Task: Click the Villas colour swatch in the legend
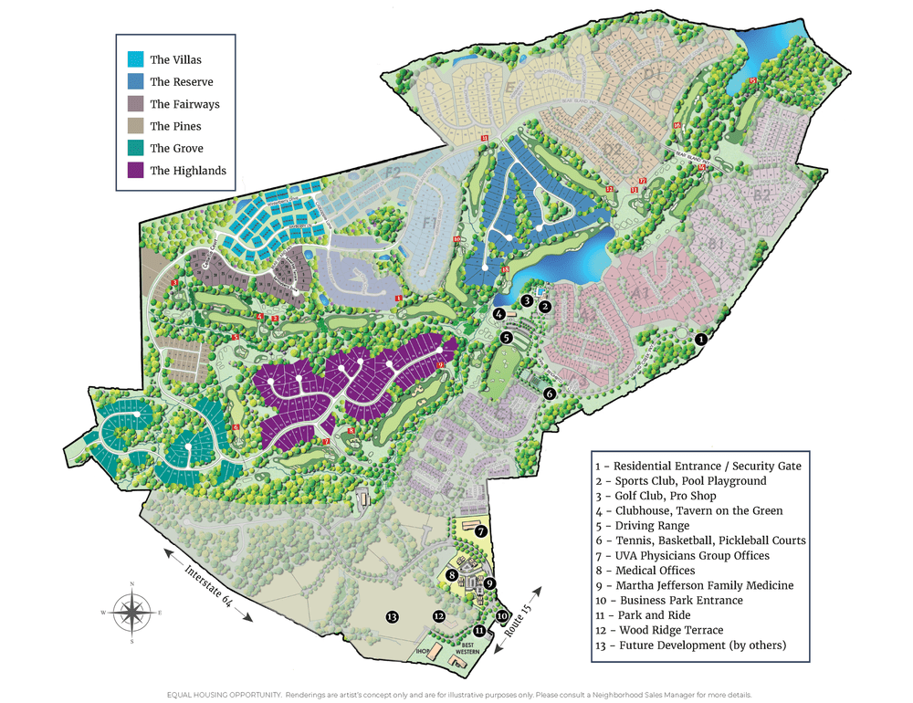pyautogui.click(x=136, y=59)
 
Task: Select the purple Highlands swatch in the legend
pyautogui.click(x=136, y=170)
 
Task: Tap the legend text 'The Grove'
pyautogui.click(x=176, y=148)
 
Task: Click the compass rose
pyautogui.click(x=132, y=613)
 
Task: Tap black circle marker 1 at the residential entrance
pyautogui.click(x=700, y=339)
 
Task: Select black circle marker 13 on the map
pyautogui.click(x=393, y=617)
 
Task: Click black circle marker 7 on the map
pyautogui.click(x=480, y=530)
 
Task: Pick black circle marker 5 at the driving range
pyautogui.click(x=506, y=337)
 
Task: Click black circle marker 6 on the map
pyautogui.click(x=550, y=393)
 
